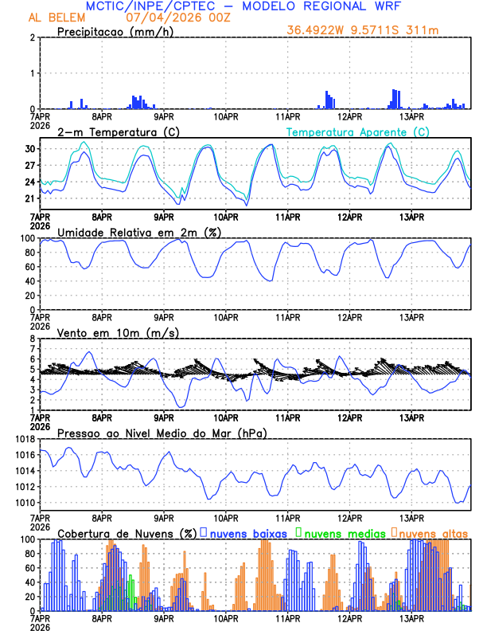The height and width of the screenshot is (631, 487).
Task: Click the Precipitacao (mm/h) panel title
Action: point(115,31)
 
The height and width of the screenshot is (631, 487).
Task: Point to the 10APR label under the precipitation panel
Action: point(226,116)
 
